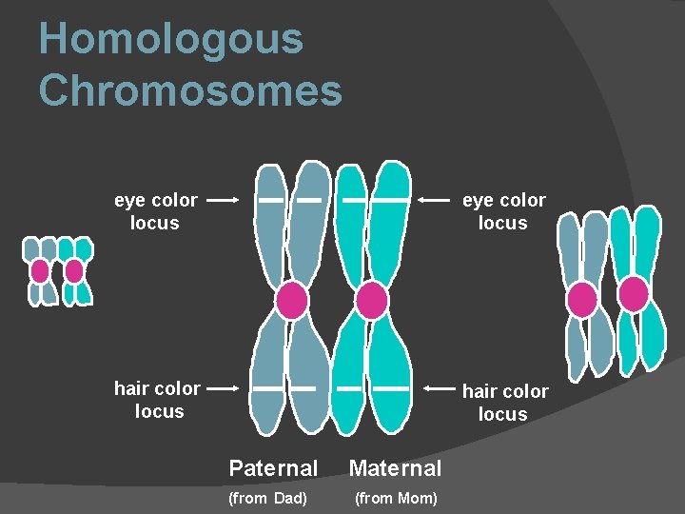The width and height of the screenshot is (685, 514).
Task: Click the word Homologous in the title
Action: pos(171,40)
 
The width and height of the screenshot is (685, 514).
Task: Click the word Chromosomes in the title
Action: pos(190,91)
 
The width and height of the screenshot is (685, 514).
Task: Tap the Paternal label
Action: pos(273,468)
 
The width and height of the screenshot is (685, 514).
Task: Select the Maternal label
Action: pos(395,468)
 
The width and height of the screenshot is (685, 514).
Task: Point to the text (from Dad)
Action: pos(268,499)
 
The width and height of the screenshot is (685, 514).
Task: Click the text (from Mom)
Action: pos(396,499)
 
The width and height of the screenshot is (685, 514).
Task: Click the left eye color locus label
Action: pos(156,211)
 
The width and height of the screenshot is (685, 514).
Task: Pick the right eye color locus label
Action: pos(503,211)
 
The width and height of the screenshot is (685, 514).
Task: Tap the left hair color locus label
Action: pos(158,400)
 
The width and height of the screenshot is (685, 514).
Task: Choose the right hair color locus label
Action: pos(504,403)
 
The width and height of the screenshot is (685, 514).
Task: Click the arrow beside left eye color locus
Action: pos(223,201)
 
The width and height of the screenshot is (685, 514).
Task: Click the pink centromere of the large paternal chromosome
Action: pos(291,301)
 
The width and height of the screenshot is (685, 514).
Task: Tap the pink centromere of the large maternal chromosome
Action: pos(371,301)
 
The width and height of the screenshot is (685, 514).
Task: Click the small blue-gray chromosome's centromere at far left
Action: pos(40,271)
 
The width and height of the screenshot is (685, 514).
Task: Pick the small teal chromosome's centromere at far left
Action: pos(74,271)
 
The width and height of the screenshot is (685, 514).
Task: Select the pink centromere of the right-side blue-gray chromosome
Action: pos(581,300)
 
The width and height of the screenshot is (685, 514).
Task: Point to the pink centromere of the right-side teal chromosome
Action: pos(633,293)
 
